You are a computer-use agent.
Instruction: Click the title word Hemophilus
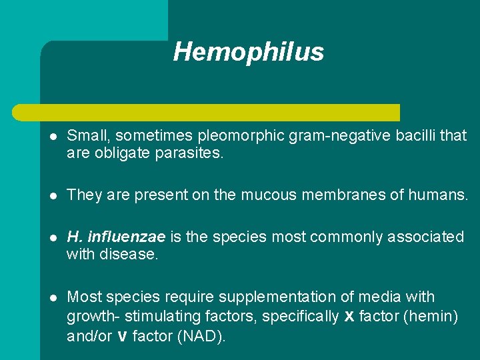click(248, 52)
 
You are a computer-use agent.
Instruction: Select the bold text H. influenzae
click(117, 237)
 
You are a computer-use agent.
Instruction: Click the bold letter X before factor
click(349, 317)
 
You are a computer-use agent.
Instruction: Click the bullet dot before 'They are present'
click(53, 195)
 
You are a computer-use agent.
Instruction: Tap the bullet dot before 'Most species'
click(53, 297)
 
